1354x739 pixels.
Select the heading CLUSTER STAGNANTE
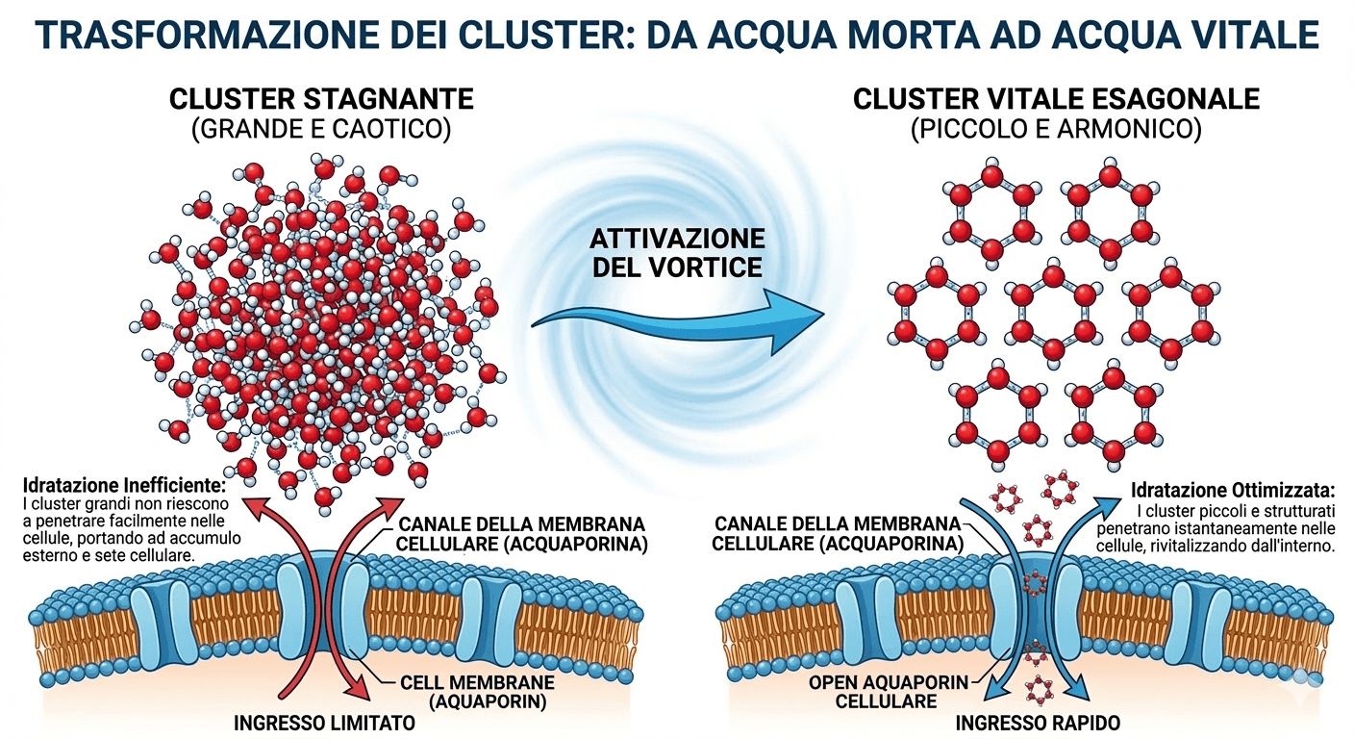321,100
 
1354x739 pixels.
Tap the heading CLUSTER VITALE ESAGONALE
1056,100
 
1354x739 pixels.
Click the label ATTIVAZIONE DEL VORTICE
679,252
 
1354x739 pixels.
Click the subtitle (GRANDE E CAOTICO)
321,131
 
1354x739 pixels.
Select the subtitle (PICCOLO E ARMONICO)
1056,131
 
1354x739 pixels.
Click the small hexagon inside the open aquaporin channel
1035,582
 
